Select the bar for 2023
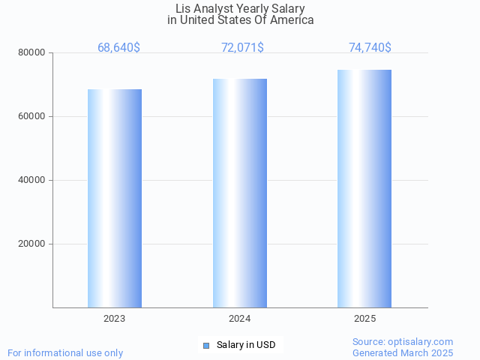(x=115, y=198)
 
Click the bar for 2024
(x=240, y=193)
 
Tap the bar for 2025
(x=364, y=188)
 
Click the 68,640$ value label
(x=118, y=47)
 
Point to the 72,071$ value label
(x=242, y=47)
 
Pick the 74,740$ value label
(x=370, y=47)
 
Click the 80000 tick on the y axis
(x=33, y=52)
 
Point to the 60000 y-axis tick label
(x=33, y=116)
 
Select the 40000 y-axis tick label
(x=33, y=180)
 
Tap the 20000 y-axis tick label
(x=33, y=244)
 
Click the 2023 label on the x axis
(x=115, y=319)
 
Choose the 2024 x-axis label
(x=240, y=319)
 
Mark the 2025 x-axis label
(x=364, y=319)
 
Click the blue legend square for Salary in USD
(x=206, y=345)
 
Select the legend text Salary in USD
(x=246, y=345)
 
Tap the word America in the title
(x=292, y=20)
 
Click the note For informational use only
(x=65, y=352)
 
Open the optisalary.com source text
(x=403, y=341)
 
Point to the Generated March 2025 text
(x=403, y=352)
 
